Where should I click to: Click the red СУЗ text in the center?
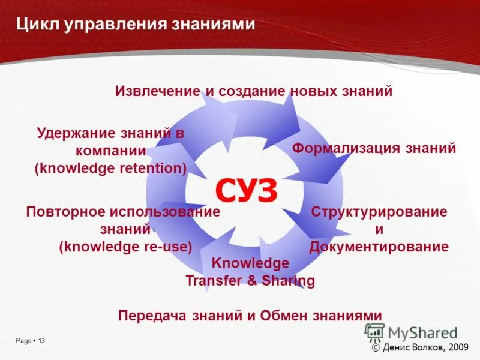point(247,191)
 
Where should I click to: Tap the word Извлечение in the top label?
point(157,91)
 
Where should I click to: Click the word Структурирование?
point(379,212)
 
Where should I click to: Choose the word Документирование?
point(379,247)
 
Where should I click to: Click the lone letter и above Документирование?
point(379,229)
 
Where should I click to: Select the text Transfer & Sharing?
point(250,281)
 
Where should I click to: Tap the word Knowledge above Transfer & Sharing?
point(250,263)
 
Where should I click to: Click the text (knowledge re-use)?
point(125,246)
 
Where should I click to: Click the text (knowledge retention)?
point(110,168)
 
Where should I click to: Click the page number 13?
point(41,341)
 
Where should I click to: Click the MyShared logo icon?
point(375,332)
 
